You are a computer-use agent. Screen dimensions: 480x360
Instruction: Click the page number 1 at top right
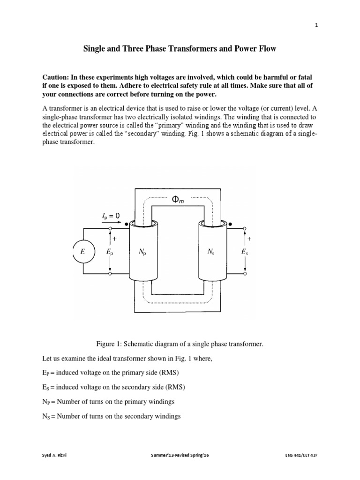click(x=316, y=26)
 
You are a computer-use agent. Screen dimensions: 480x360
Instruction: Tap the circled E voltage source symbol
click(x=83, y=252)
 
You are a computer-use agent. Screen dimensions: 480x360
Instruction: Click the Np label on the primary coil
click(x=142, y=252)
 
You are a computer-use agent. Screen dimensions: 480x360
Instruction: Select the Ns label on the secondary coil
click(x=211, y=252)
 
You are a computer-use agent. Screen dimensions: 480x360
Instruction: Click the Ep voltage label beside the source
click(x=110, y=252)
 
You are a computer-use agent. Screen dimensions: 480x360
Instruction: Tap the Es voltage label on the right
click(x=245, y=252)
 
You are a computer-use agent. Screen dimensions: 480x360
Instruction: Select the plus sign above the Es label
click(x=248, y=239)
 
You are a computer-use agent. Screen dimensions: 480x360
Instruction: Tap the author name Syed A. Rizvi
click(x=49, y=455)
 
